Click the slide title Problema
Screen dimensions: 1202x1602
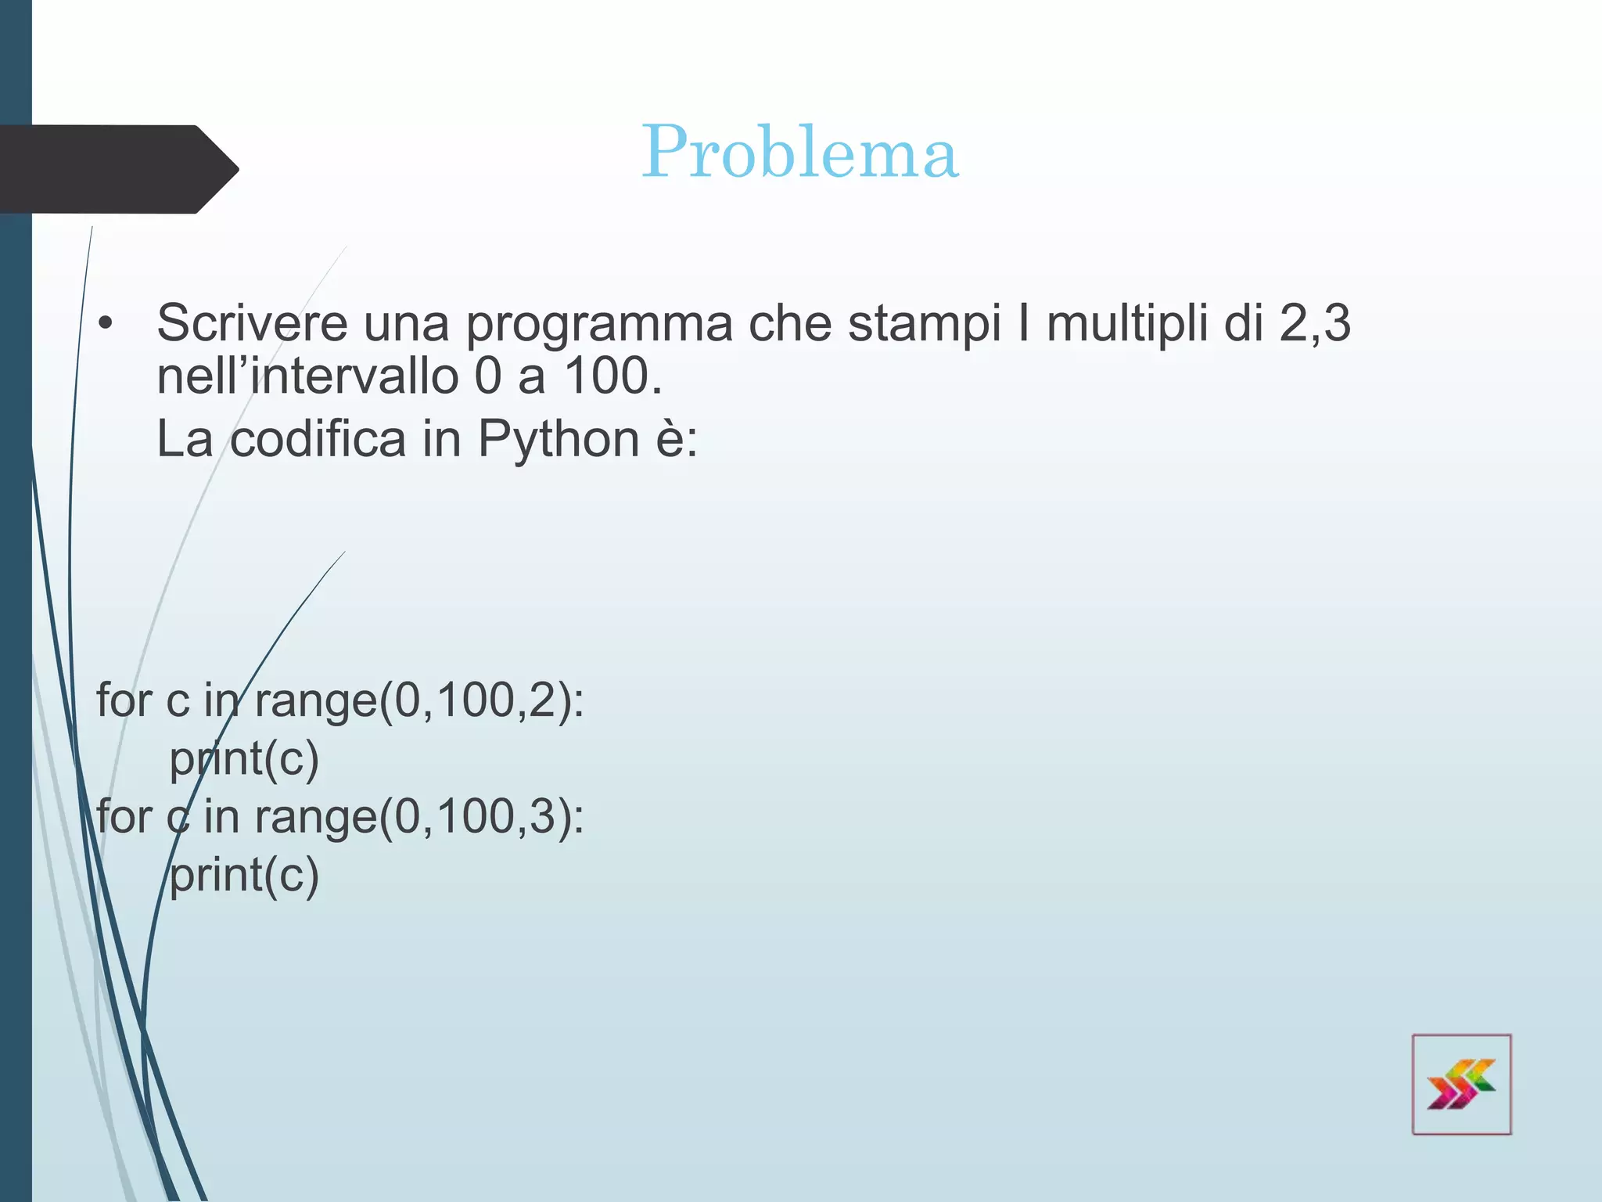pyautogui.click(x=799, y=152)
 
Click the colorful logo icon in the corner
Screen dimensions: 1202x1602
pyautogui.click(x=1460, y=1084)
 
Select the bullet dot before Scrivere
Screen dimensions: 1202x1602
pyautogui.click(x=106, y=323)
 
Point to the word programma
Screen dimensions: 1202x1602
pyautogui.click(x=599, y=324)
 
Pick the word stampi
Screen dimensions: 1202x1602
pyautogui.click(x=924, y=324)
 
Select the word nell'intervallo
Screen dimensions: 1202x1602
pyautogui.click(x=307, y=376)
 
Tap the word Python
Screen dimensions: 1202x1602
pyautogui.click(x=559, y=438)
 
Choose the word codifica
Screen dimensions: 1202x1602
pyautogui.click(x=318, y=438)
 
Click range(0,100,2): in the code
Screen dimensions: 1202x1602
pyautogui.click(x=419, y=700)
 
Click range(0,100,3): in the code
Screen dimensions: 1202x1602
pyautogui.click(x=419, y=816)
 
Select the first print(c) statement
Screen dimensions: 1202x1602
pyautogui.click(x=244, y=758)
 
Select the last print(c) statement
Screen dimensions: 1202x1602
pyautogui.click(x=244, y=875)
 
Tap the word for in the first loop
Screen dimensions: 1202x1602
pyautogui.click(x=124, y=700)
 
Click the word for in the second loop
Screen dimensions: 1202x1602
pyautogui.click(x=124, y=816)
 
